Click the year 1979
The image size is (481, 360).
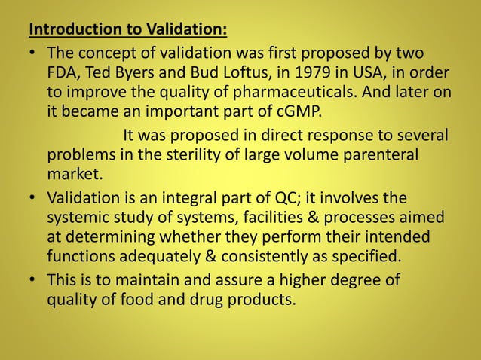[311, 73]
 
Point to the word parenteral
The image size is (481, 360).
[372, 156]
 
